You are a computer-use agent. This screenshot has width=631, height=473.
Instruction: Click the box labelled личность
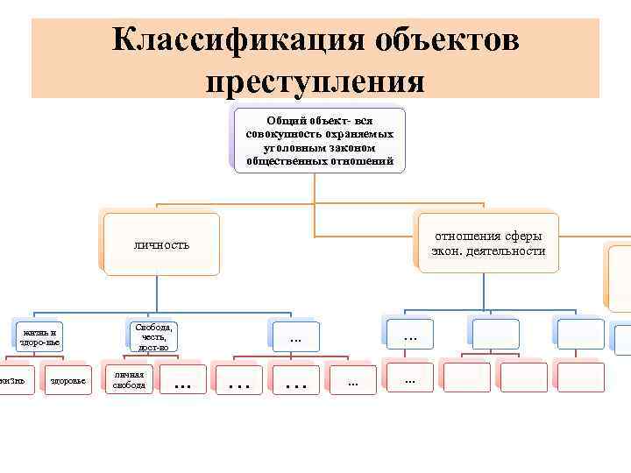coord(161,244)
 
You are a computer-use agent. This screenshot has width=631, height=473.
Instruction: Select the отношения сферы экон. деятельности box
coord(487,244)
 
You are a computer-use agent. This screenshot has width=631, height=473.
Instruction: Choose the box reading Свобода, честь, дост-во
coord(153,336)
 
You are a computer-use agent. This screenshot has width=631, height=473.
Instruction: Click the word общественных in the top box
coord(284,161)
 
